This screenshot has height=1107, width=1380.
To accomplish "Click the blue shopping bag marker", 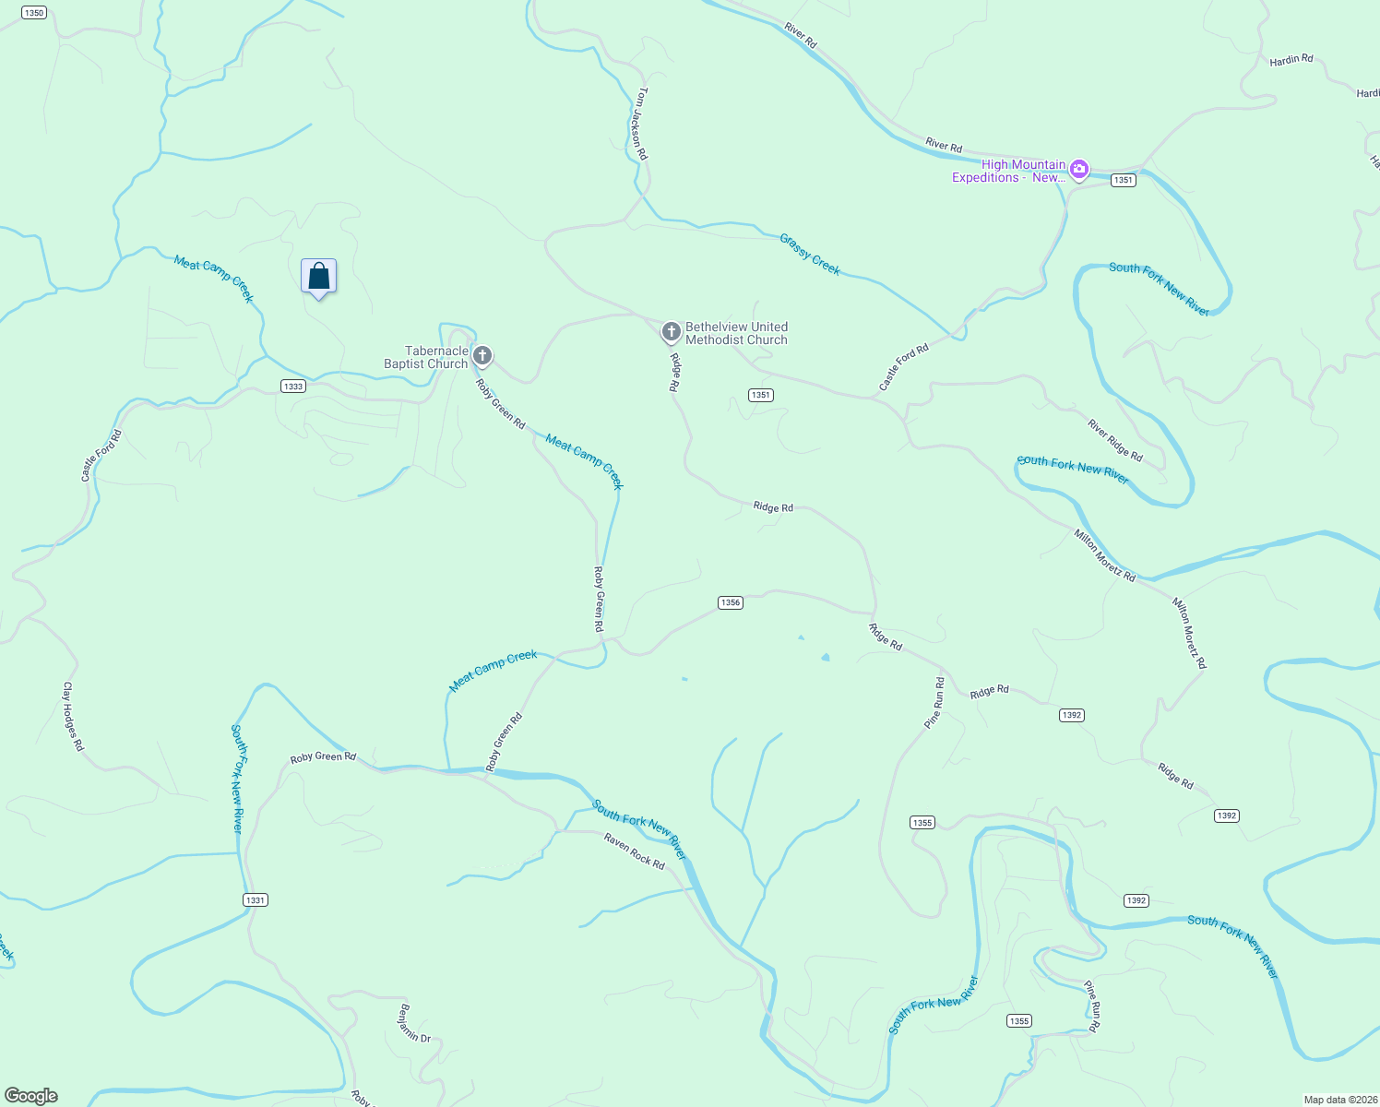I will click(319, 276).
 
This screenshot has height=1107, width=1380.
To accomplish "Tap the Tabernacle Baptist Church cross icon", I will click(482, 356).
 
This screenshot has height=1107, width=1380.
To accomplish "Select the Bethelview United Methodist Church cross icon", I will click(672, 331).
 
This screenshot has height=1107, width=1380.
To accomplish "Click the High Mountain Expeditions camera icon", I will click(1079, 170).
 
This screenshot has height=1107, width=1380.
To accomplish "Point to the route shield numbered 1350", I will click(34, 13).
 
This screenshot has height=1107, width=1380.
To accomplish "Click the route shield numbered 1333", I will click(293, 387).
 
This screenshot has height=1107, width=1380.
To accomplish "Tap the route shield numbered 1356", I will click(731, 602).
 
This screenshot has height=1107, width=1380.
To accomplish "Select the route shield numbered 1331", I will click(256, 899).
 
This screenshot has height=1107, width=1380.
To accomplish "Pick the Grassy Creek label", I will click(810, 254).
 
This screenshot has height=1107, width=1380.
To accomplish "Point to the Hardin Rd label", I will click(1291, 60).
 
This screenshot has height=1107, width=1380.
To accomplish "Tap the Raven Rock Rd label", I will click(634, 851).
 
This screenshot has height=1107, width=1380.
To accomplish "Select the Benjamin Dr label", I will click(414, 1023).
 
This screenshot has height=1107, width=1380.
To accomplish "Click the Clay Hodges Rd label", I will click(73, 716).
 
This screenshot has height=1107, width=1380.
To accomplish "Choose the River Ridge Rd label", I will click(1114, 441).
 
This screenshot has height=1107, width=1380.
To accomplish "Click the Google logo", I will click(31, 1095).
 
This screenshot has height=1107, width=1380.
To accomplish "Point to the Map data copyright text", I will click(1339, 1100).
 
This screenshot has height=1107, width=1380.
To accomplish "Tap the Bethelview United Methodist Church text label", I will click(736, 333).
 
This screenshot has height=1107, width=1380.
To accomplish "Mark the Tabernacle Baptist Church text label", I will click(426, 357).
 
